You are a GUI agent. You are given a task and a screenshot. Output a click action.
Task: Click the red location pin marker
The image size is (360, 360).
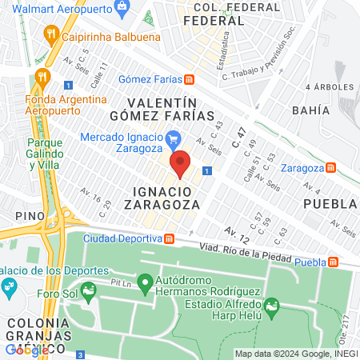click(x=181, y=163)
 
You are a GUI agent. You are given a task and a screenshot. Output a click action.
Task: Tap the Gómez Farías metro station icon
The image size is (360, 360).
click(x=189, y=78)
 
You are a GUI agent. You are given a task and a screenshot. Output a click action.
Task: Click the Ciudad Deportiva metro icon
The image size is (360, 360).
click(x=170, y=238)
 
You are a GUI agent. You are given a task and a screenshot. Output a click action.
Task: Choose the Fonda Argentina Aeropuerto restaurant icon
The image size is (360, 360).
click(x=42, y=78)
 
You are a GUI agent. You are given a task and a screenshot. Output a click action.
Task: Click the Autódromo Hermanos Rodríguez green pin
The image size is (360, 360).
click(x=145, y=282)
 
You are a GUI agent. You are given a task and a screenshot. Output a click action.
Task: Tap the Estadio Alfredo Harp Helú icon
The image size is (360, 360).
click(x=272, y=305)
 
